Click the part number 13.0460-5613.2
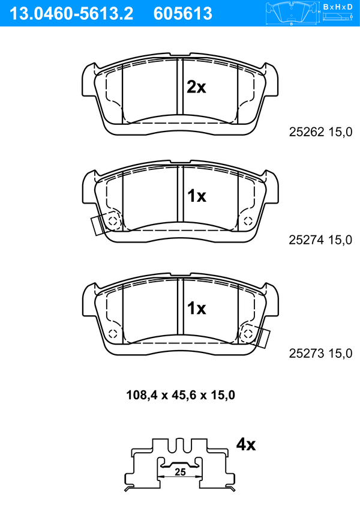click(71, 14)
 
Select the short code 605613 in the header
click(183, 14)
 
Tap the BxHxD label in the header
click(338, 7)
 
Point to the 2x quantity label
click(196, 87)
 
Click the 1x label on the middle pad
click(197, 196)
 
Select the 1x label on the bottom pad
click(197, 308)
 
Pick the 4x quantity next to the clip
click(246, 444)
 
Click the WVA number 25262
click(307, 132)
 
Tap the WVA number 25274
click(307, 240)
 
